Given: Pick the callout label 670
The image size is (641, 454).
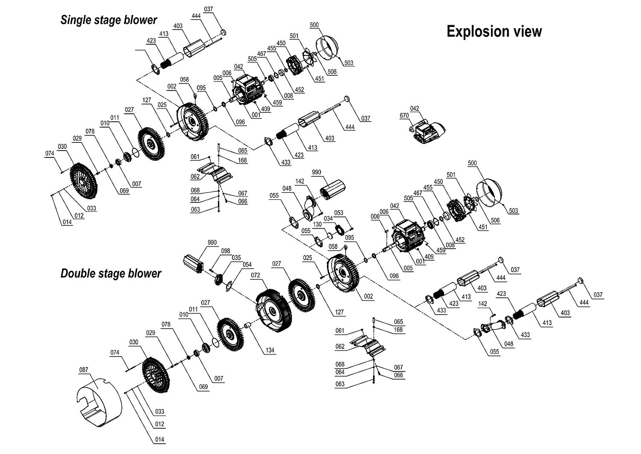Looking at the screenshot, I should pyautogui.click(x=404, y=116).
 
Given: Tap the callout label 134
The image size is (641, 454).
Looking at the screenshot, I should pyautogui.click(x=270, y=350).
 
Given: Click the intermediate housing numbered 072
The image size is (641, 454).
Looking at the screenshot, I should pyautogui.click(x=273, y=310).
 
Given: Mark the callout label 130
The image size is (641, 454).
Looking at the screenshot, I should pyautogui.click(x=318, y=225).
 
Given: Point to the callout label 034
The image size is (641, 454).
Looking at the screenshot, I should pyautogui.click(x=328, y=219).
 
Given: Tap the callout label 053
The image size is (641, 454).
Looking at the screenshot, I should pyautogui.click(x=339, y=213).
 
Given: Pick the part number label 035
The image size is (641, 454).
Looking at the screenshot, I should pyautogui.click(x=236, y=258).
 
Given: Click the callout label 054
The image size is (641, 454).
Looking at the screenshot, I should pyautogui.click(x=247, y=265).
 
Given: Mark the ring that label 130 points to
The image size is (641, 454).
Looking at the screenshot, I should pyautogui.click(x=330, y=235).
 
